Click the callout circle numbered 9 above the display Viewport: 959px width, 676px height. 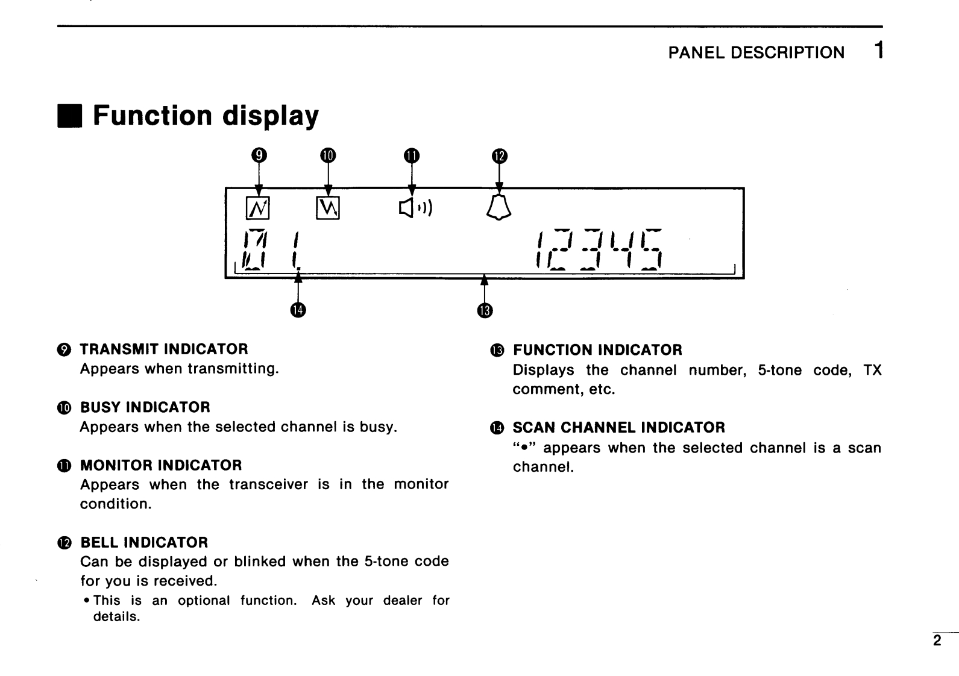259,155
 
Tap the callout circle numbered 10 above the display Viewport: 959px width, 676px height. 328,155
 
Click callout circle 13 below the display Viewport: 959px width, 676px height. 485,310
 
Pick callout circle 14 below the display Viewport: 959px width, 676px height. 298,310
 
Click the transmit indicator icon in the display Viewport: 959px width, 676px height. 258,208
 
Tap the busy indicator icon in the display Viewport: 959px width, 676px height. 328,208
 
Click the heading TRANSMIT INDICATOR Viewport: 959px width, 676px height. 164,349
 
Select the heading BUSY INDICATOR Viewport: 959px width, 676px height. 145,407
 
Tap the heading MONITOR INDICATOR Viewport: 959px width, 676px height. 161,465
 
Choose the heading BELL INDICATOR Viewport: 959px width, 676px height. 144,542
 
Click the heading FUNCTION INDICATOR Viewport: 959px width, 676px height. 597,350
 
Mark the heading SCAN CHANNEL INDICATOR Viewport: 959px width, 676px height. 618,428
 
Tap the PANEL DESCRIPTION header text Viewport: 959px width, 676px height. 756,52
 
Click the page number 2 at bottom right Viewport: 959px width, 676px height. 937,641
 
